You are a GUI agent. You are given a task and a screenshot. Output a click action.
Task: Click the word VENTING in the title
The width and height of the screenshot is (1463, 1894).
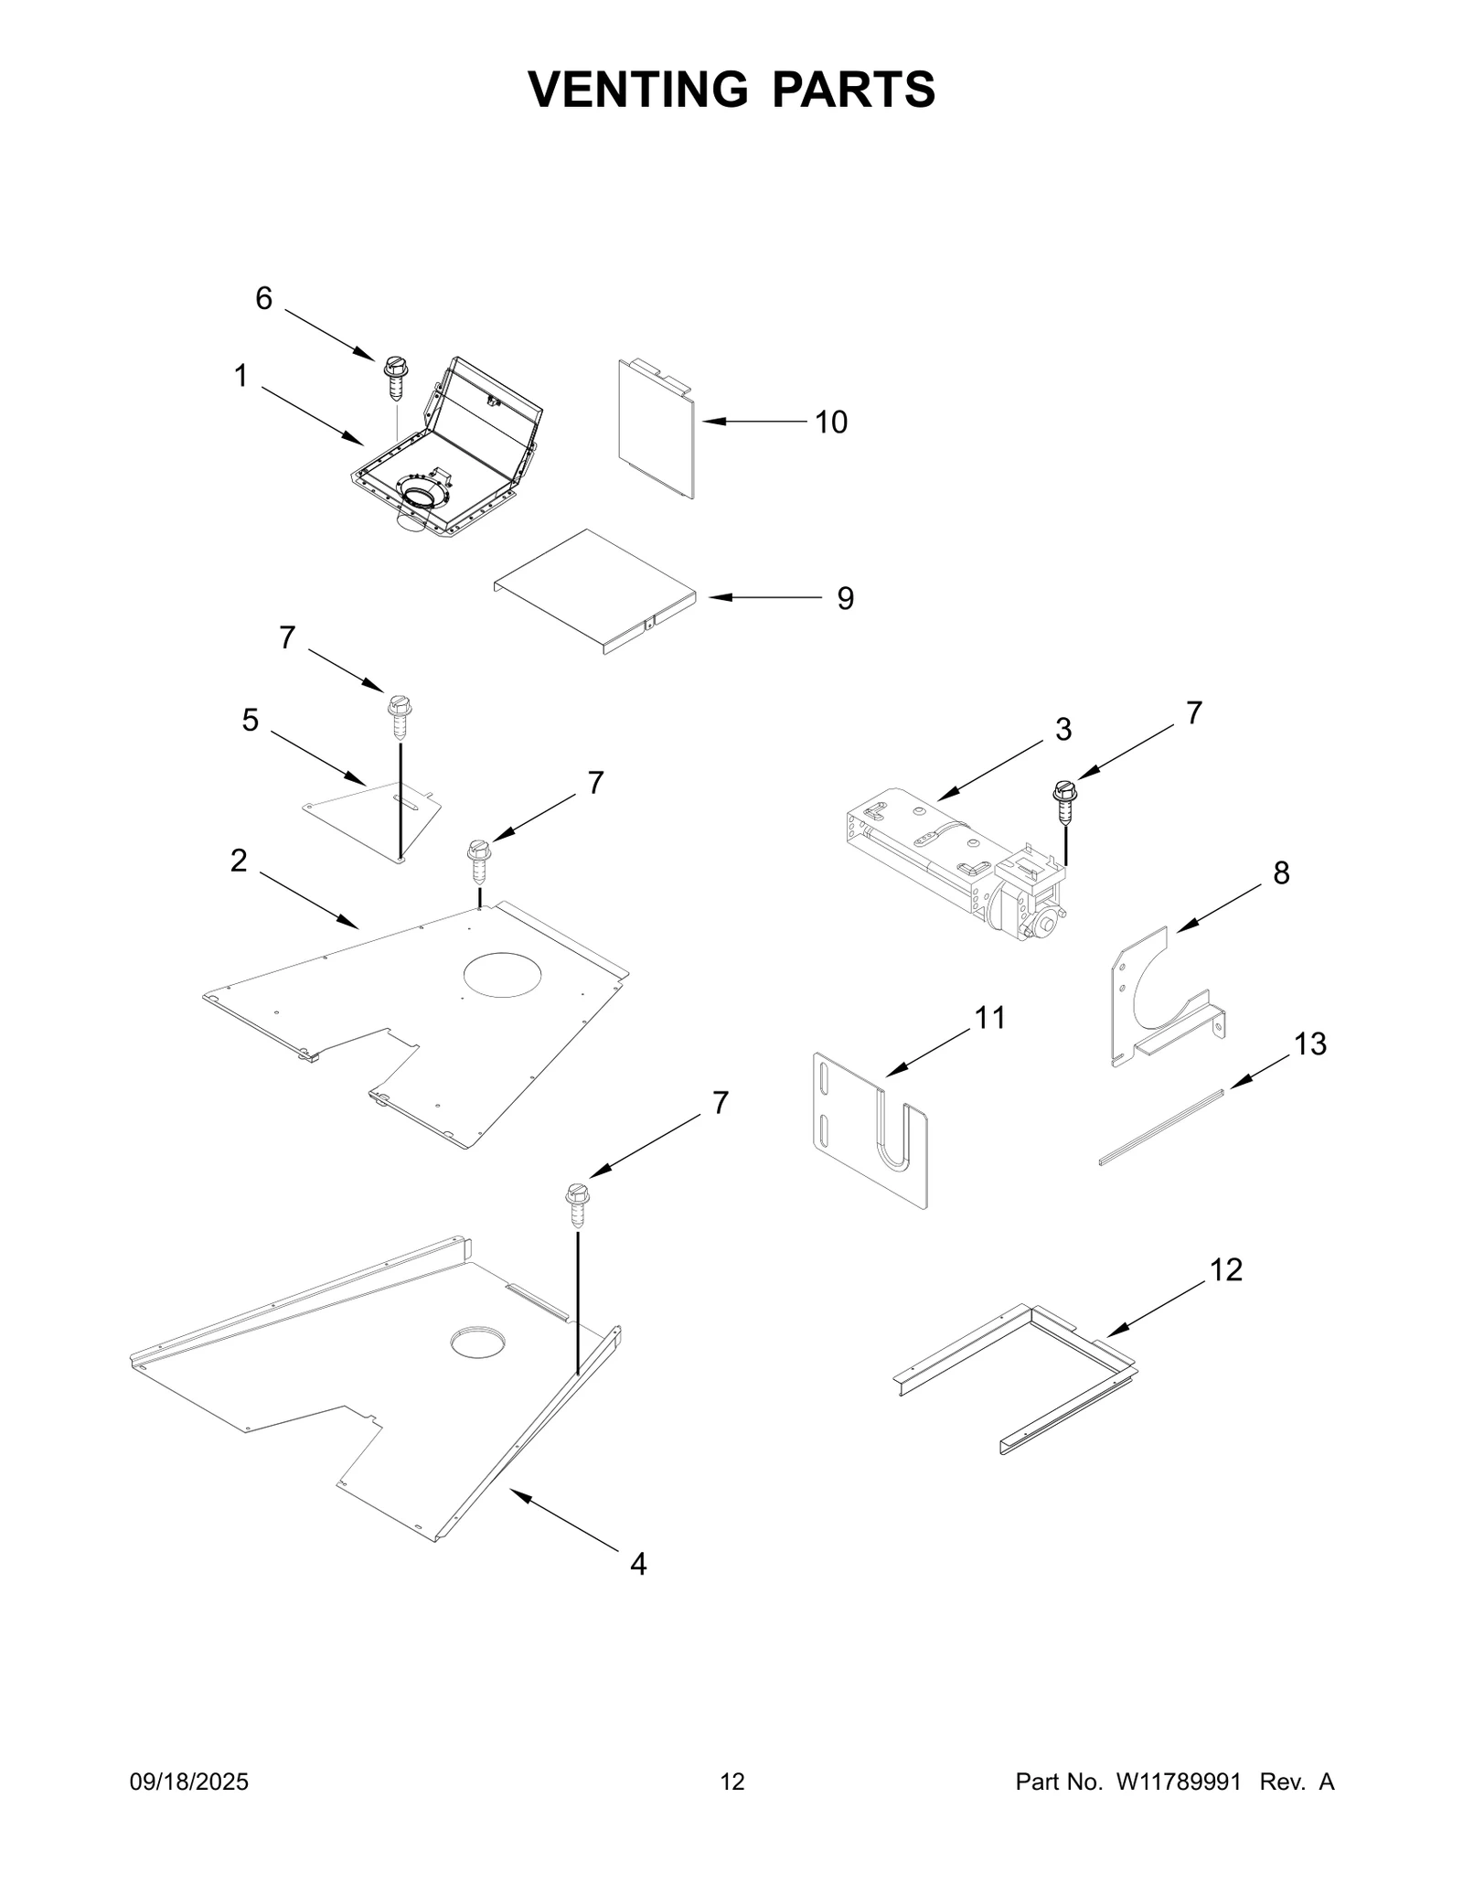click(637, 89)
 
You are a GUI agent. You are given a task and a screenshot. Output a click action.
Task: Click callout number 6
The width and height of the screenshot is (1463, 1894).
click(263, 298)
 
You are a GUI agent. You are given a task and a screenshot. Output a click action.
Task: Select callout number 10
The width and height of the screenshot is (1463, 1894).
click(830, 422)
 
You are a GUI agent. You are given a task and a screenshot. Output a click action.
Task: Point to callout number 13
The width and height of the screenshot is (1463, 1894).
click(1310, 1043)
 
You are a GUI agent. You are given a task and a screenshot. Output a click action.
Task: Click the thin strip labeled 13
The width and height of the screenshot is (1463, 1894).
click(1160, 1126)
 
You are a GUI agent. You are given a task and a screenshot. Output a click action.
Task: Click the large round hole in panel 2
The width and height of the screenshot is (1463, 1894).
click(503, 974)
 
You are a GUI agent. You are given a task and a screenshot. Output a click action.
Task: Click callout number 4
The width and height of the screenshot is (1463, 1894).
click(638, 1564)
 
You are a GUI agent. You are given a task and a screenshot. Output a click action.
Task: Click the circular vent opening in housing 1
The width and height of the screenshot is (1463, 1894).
click(422, 499)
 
